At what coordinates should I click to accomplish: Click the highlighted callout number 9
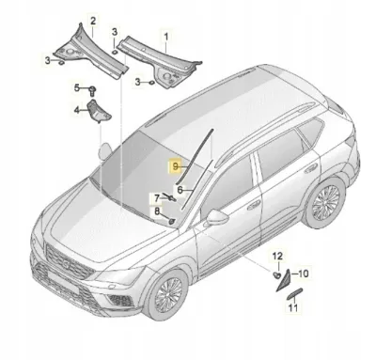click(175, 166)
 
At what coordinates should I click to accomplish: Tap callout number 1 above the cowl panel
click(166, 37)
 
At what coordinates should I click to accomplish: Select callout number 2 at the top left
click(93, 22)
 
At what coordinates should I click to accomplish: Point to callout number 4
click(76, 110)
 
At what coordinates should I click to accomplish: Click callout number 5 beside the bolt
click(77, 88)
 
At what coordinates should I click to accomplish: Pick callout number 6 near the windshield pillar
click(180, 190)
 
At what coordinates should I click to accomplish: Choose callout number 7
click(157, 197)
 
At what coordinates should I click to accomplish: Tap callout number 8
click(157, 211)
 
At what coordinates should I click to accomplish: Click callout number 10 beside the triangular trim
click(302, 274)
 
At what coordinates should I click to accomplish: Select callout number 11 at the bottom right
click(292, 308)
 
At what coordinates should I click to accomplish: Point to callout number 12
click(277, 256)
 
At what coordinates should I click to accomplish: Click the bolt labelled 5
click(92, 90)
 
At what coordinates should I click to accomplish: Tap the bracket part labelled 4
click(98, 111)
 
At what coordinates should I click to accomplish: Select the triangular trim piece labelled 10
click(283, 280)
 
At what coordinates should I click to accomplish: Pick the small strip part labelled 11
click(293, 293)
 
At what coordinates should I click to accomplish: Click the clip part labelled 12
click(276, 275)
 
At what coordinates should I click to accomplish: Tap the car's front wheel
click(168, 294)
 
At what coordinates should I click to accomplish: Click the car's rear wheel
click(325, 202)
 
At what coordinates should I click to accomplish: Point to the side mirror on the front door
click(217, 217)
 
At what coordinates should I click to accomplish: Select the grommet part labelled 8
click(172, 222)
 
